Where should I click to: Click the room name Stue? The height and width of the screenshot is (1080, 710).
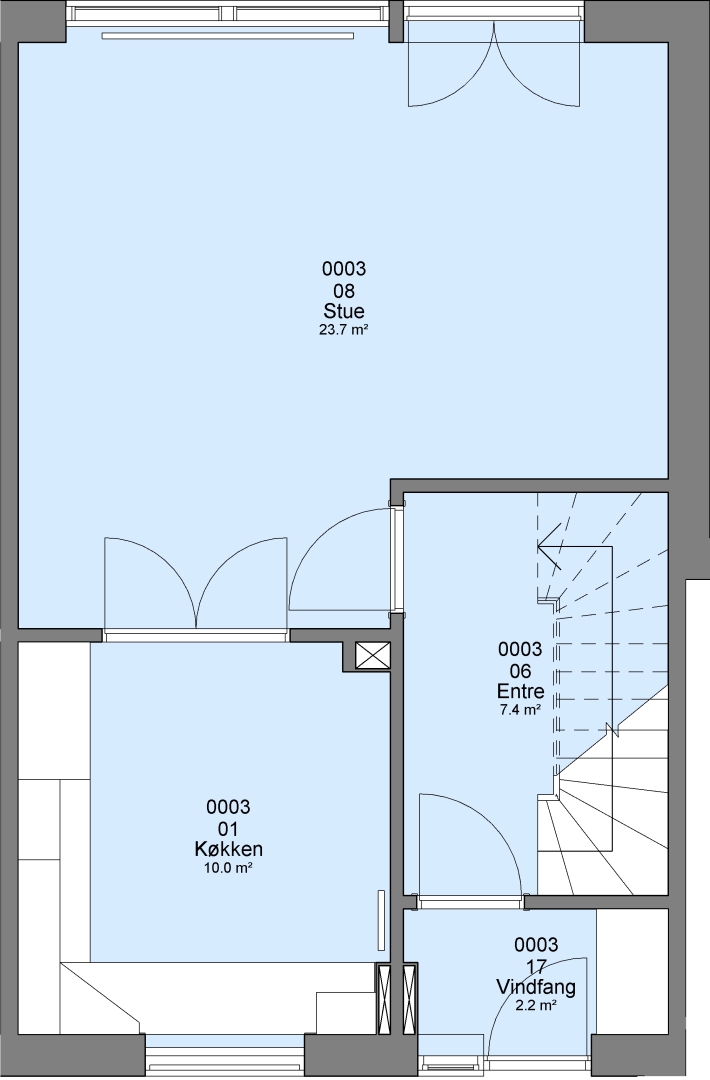(x=344, y=311)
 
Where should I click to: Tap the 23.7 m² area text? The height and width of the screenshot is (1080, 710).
(x=344, y=330)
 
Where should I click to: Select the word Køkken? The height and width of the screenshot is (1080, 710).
(x=228, y=849)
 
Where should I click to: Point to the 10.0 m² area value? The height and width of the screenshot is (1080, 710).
(x=228, y=868)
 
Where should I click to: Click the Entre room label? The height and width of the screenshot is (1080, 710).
(x=521, y=691)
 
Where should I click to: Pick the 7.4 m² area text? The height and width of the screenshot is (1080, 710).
(x=520, y=709)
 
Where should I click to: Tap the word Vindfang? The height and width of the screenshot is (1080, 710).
(x=536, y=987)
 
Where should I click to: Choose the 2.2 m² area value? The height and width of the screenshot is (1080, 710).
(x=536, y=1006)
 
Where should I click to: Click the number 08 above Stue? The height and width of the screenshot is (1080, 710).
(x=344, y=290)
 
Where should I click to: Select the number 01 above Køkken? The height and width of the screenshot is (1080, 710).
(x=228, y=828)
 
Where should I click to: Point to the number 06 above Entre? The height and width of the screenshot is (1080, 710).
(x=521, y=670)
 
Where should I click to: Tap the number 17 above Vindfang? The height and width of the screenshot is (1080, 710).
(x=536, y=966)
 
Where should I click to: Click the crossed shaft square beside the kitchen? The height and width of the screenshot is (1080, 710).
(x=373, y=656)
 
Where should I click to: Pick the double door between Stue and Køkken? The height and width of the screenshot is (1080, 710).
(x=196, y=583)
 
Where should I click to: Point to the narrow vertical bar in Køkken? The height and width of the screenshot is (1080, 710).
(x=380, y=920)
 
